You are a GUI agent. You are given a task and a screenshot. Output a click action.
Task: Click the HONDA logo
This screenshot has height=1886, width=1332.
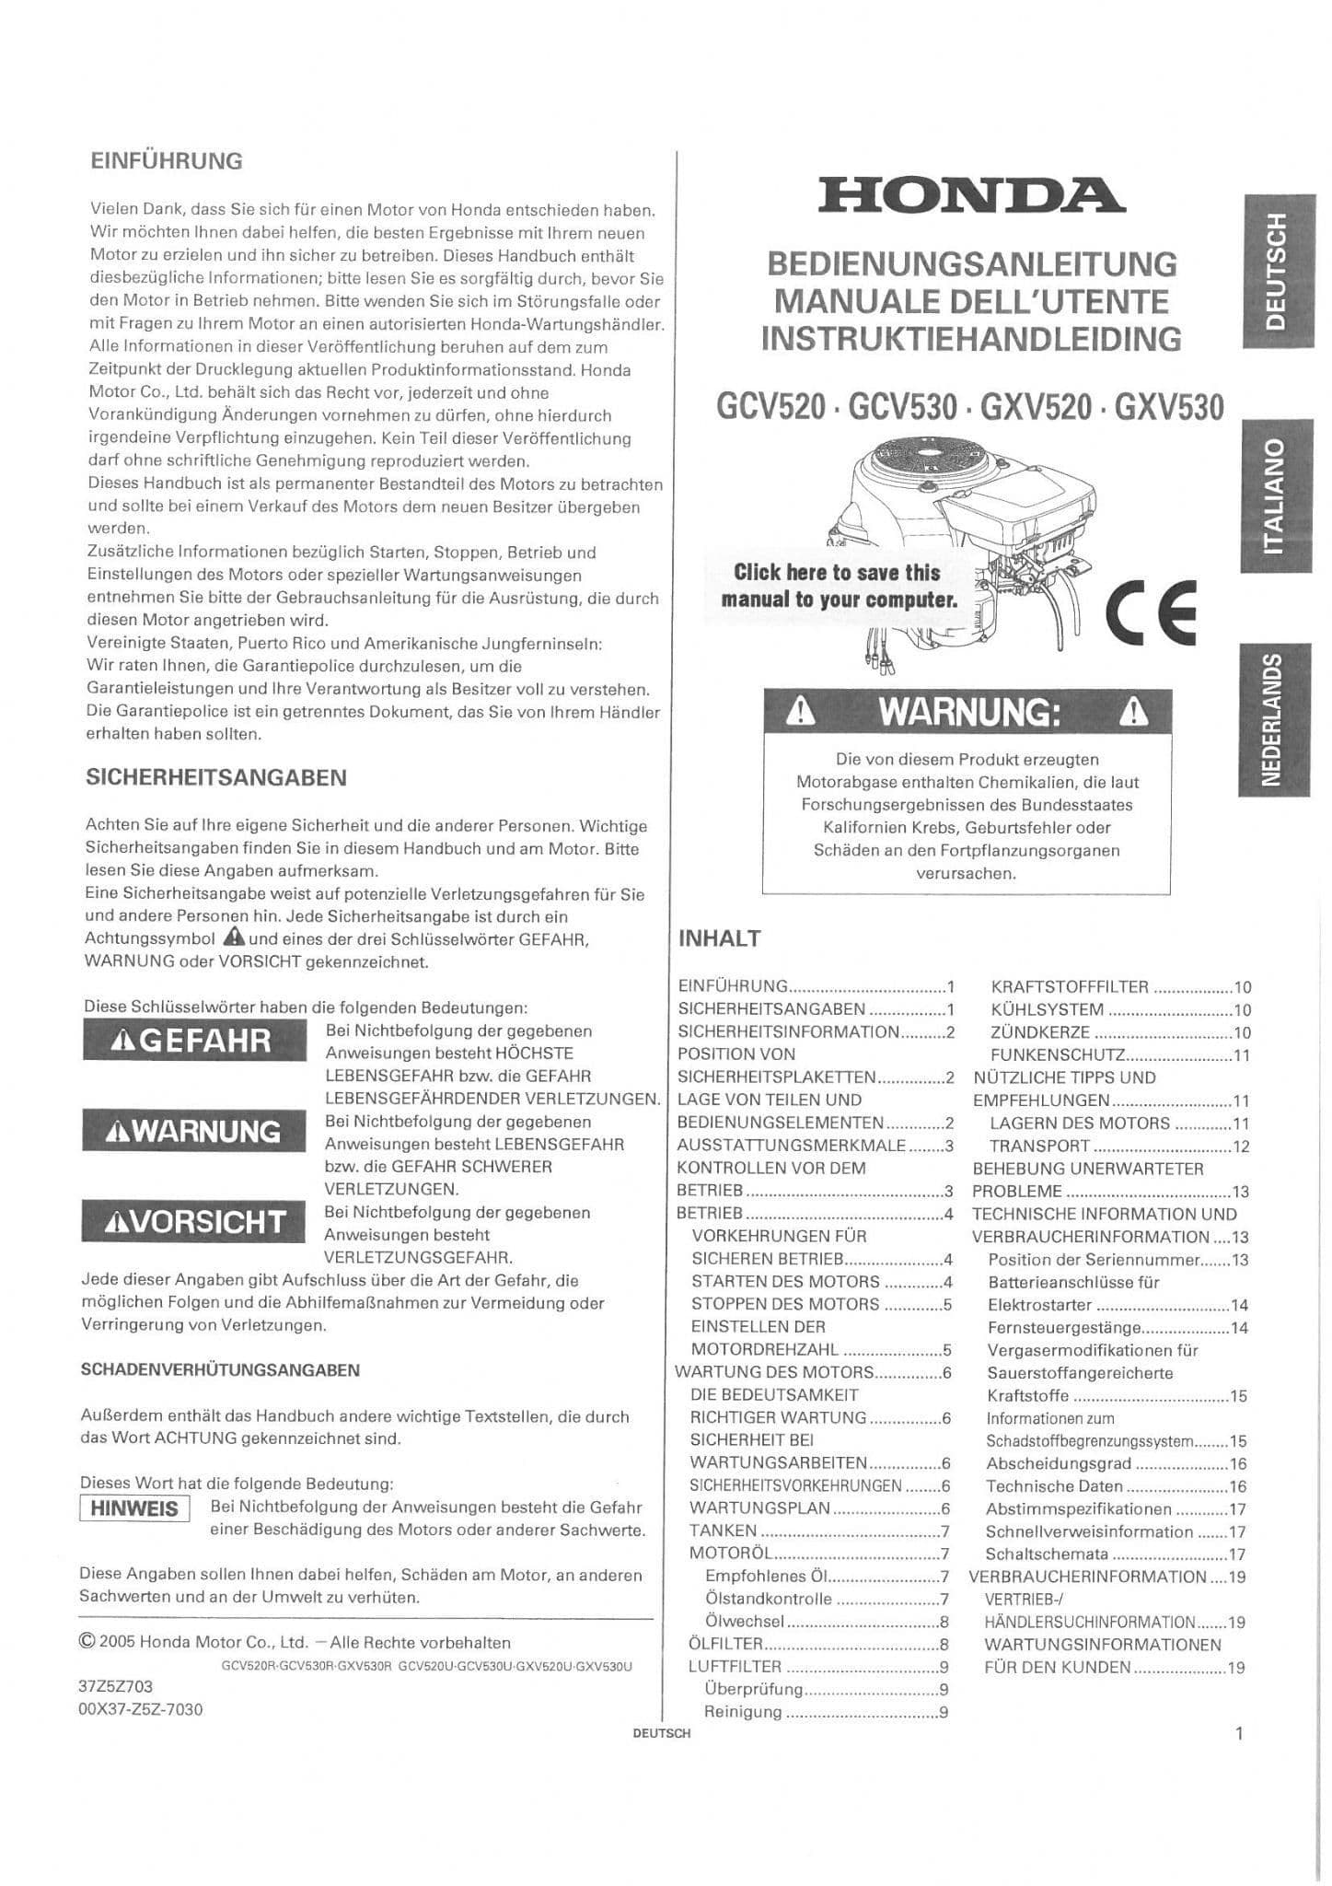tap(970, 195)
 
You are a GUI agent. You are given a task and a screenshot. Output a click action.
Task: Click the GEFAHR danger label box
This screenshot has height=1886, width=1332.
tap(194, 1041)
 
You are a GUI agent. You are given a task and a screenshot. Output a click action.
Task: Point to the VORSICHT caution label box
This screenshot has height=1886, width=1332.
tap(194, 1222)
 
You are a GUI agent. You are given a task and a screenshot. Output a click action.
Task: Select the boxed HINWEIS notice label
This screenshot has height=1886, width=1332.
tap(134, 1508)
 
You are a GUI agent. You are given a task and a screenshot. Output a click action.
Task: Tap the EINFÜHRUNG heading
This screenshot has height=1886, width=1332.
tap(167, 161)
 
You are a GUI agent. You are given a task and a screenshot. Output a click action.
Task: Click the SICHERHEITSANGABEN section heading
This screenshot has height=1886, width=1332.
tap(216, 777)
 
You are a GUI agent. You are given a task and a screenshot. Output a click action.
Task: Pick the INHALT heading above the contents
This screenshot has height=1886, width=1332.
tap(719, 938)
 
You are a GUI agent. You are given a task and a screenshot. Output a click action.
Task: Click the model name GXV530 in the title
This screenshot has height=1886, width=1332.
tap(1169, 407)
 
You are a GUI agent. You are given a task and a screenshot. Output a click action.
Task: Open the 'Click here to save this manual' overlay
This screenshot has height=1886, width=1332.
tap(838, 586)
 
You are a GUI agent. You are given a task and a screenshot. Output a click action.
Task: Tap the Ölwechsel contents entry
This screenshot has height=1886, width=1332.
tap(745, 1622)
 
